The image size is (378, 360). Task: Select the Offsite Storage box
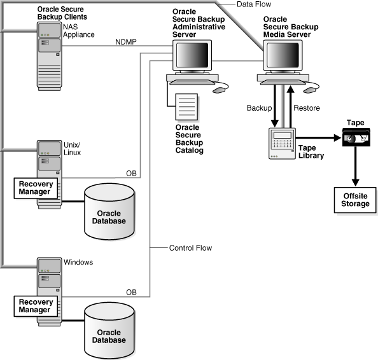(x=355, y=200)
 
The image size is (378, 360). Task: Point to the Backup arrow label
(x=258, y=109)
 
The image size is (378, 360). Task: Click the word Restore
(x=306, y=109)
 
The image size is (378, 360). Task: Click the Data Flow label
(x=255, y=4)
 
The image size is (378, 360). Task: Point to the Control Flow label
(x=190, y=247)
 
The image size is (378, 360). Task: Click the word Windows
(x=78, y=262)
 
